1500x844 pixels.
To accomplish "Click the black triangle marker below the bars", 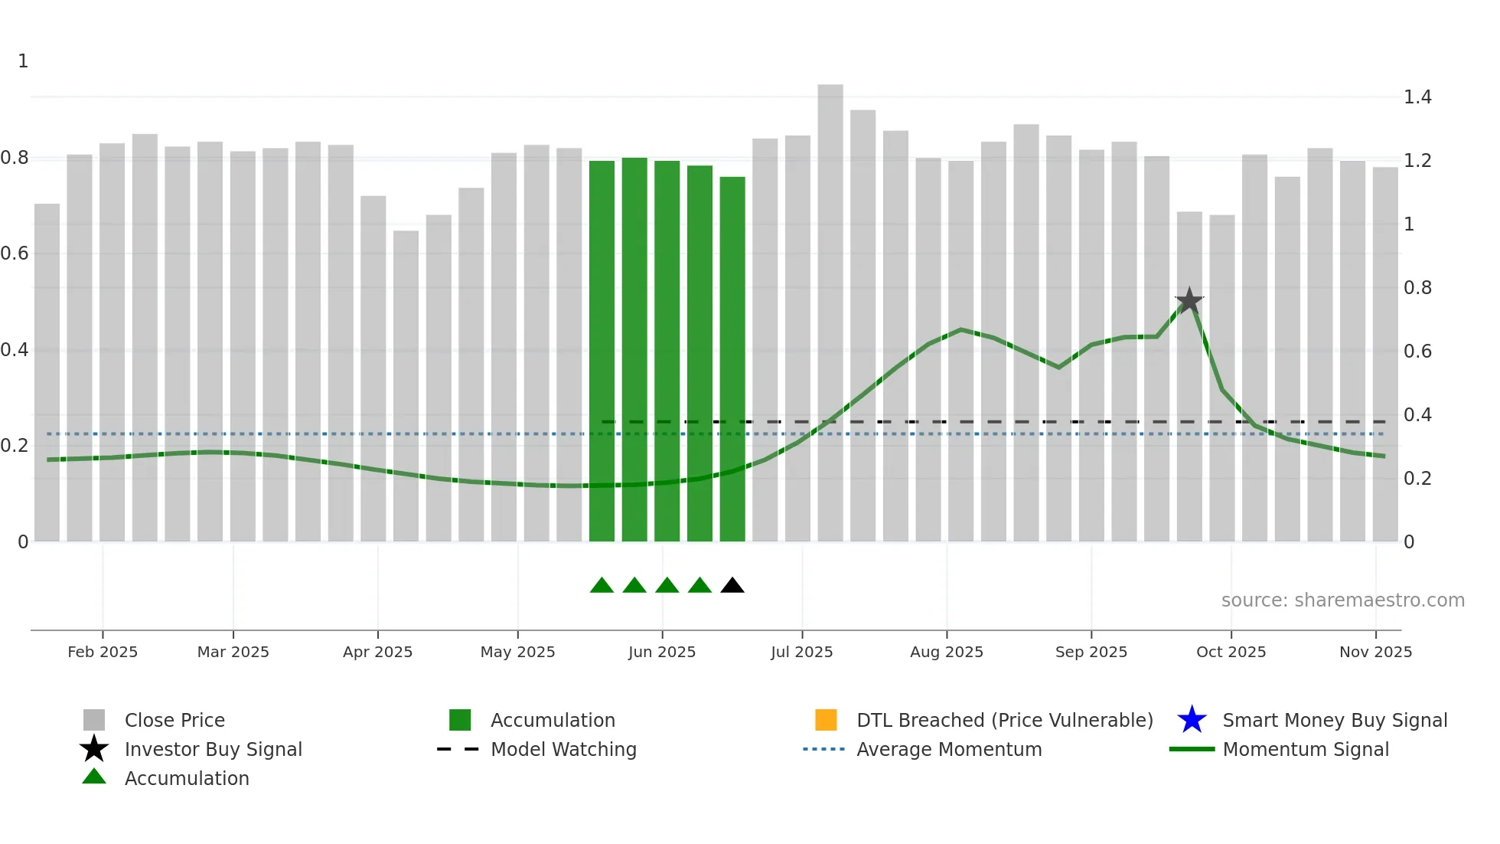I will click(x=732, y=586).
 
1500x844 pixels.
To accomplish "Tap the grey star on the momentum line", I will click(x=1189, y=301).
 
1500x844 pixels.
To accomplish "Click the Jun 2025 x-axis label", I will click(x=662, y=652).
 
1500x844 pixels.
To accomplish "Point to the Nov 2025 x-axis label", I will click(x=1375, y=652).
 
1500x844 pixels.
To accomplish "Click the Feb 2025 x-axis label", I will click(x=103, y=652).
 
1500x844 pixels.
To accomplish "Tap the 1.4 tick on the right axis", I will click(x=1417, y=97).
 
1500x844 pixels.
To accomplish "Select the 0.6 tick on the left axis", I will click(x=15, y=254).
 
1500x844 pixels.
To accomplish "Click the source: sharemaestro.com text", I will click(x=1343, y=600).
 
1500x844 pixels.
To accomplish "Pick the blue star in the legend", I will click(x=1192, y=720).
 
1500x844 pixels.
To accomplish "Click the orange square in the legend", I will click(x=826, y=720).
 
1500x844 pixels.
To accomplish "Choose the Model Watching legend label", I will click(x=563, y=749).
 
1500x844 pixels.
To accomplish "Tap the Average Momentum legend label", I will click(x=949, y=749).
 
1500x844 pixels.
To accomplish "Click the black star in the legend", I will click(x=94, y=749).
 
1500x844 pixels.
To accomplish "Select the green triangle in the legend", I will click(x=94, y=777).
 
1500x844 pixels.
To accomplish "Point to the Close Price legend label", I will click(x=174, y=720).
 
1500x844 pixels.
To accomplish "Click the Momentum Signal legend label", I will click(x=1306, y=749).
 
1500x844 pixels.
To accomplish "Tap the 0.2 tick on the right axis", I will click(x=1417, y=479).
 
